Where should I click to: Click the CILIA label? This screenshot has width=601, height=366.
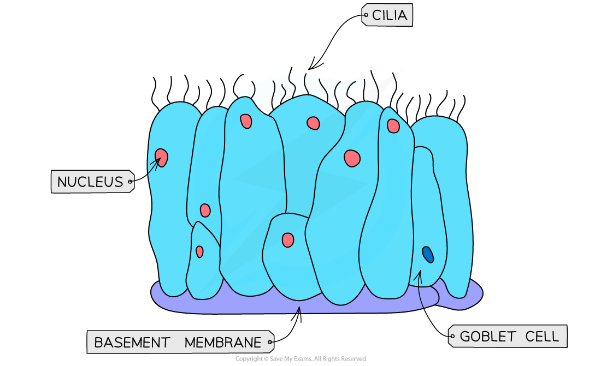(389, 15)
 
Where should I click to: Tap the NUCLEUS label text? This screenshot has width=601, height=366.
(90, 182)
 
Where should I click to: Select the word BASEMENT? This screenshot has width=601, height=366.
(132, 343)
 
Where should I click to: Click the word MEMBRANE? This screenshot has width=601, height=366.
(223, 343)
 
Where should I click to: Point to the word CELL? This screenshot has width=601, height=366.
(542, 337)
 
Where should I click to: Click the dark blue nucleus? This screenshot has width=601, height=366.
(427, 254)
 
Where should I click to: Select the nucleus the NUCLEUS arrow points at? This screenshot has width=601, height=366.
(161, 158)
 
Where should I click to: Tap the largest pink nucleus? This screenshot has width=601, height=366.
(352, 158)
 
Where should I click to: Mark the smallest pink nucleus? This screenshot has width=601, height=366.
(199, 251)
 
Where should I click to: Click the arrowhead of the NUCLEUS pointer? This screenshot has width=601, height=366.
(159, 159)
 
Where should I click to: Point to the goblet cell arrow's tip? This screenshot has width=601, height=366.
(418, 272)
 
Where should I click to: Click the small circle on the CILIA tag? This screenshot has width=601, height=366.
(366, 15)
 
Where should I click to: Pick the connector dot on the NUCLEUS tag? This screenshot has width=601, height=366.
(130, 182)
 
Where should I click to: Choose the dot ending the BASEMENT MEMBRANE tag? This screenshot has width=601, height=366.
(270, 343)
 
